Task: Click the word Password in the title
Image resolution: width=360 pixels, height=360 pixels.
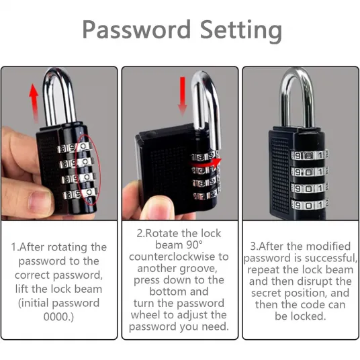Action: (136, 30)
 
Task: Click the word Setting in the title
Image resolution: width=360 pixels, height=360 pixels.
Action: (241, 31)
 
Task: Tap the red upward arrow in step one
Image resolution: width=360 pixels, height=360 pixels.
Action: (34, 103)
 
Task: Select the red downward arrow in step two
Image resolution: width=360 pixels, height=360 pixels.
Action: (183, 96)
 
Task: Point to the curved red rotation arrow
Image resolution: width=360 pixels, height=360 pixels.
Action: (205, 163)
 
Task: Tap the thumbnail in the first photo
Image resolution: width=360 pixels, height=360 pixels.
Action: (41, 200)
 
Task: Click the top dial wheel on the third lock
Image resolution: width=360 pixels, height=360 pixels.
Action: (309, 155)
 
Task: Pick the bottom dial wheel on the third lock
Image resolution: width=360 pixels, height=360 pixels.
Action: (310, 204)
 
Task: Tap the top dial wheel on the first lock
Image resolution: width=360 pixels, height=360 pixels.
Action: (75, 148)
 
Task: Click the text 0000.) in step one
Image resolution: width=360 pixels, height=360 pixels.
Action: (58, 316)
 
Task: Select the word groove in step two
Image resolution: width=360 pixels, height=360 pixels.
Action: (198, 269)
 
